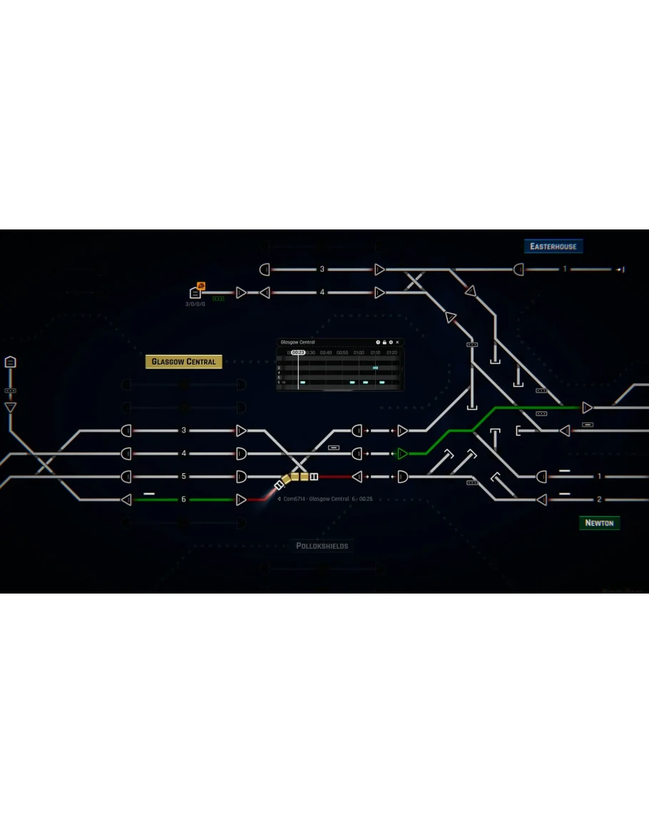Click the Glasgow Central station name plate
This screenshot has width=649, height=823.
184,362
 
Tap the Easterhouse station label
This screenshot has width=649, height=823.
553,247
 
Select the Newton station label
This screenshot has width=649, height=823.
599,523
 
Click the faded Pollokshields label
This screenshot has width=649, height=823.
322,547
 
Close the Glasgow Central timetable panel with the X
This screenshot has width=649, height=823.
398,343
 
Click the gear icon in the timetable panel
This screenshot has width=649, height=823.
391,343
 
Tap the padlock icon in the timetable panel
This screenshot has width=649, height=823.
384,343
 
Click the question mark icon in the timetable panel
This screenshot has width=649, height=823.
378,343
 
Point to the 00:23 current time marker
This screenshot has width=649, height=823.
298,353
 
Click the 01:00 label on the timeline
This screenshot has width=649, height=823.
359,353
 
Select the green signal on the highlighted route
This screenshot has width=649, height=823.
402,453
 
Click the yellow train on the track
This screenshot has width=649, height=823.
300,477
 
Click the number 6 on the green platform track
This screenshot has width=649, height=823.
183,500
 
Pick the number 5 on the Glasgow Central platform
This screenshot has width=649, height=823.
183,477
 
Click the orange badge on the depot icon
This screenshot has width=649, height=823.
201,286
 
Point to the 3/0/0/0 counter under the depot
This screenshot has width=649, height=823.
195,304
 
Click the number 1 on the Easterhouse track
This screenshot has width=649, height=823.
565,269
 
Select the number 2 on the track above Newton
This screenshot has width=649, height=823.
599,500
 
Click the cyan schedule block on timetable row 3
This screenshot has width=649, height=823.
375,368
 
